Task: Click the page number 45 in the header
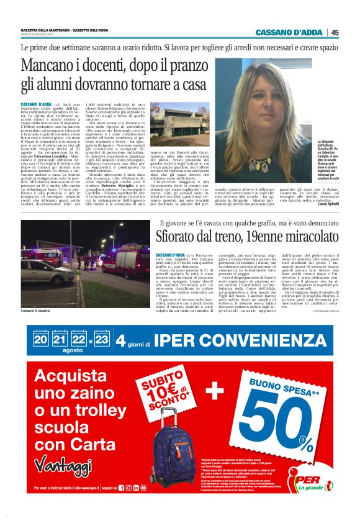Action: coord(335,32)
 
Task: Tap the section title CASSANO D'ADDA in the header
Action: coord(290,32)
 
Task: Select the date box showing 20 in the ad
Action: coord(41,340)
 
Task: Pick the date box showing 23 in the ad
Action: coord(101,340)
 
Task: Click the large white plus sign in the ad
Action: coord(215,390)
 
